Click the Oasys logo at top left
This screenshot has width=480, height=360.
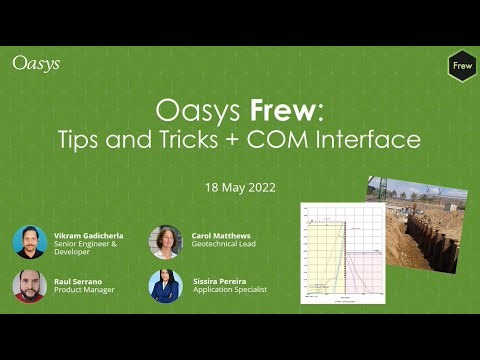click(36, 63)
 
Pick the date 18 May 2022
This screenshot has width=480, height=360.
click(239, 187)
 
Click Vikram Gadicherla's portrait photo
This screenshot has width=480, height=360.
click(30, 242)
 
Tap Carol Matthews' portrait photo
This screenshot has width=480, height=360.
click(165, 242)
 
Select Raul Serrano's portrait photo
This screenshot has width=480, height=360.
click(30, 286)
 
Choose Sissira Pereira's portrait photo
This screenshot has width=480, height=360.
click(165, 286)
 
